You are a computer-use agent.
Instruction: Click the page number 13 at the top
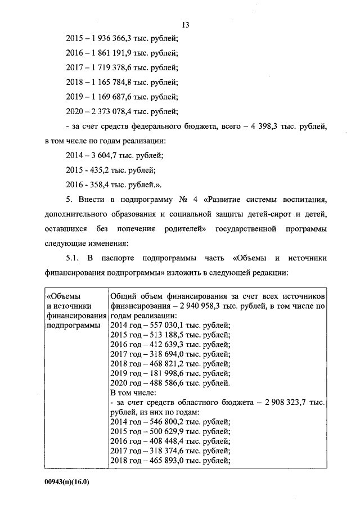(186, 24)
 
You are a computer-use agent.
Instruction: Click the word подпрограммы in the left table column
(70, 325)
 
